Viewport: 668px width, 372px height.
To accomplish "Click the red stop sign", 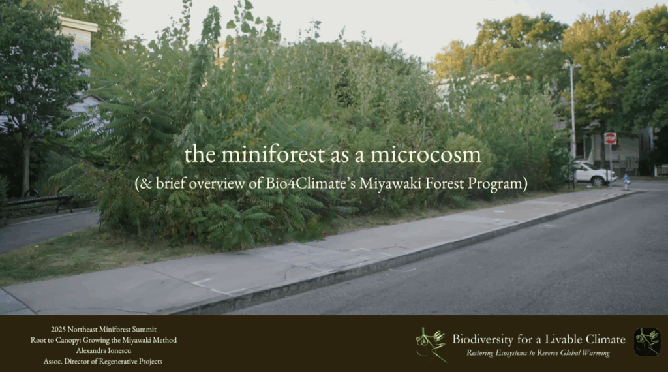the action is point(610,138).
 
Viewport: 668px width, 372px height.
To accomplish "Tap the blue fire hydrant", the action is point(626,181).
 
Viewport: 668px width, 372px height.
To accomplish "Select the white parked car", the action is point(594,173).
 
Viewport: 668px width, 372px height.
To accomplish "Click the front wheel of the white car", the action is point(597,181).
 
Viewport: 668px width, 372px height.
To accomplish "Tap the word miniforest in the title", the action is point(273,154).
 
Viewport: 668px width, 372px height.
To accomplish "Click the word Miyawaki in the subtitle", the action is point(389,183).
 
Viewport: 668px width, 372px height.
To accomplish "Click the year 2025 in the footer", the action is point(58,329).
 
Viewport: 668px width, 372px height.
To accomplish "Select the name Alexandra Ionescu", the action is point(104,350).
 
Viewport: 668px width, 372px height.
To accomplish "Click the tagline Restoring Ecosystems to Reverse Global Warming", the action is point(538,353).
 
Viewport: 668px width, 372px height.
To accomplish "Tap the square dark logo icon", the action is point(647,342).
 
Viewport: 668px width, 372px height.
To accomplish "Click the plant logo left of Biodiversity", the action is point(431,345).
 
